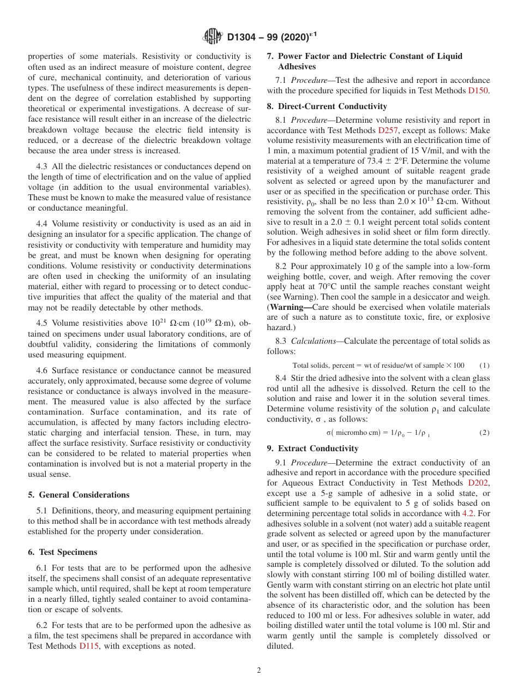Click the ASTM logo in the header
pos(213,37)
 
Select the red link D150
pos(478,91)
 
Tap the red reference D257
pos(388,130)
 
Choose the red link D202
pos(478,483)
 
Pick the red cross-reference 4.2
pos(468,513)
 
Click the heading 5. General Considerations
pos(79,495)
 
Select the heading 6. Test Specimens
pos(62,552)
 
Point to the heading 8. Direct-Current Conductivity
pos(327,106)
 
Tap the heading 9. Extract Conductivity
pos(312,448)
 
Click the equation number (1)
pos(484,365)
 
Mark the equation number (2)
pos(484,433)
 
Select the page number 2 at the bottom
pos(259,671)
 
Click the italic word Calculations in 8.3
pos(313,341)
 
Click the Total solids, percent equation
pos(378,365)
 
